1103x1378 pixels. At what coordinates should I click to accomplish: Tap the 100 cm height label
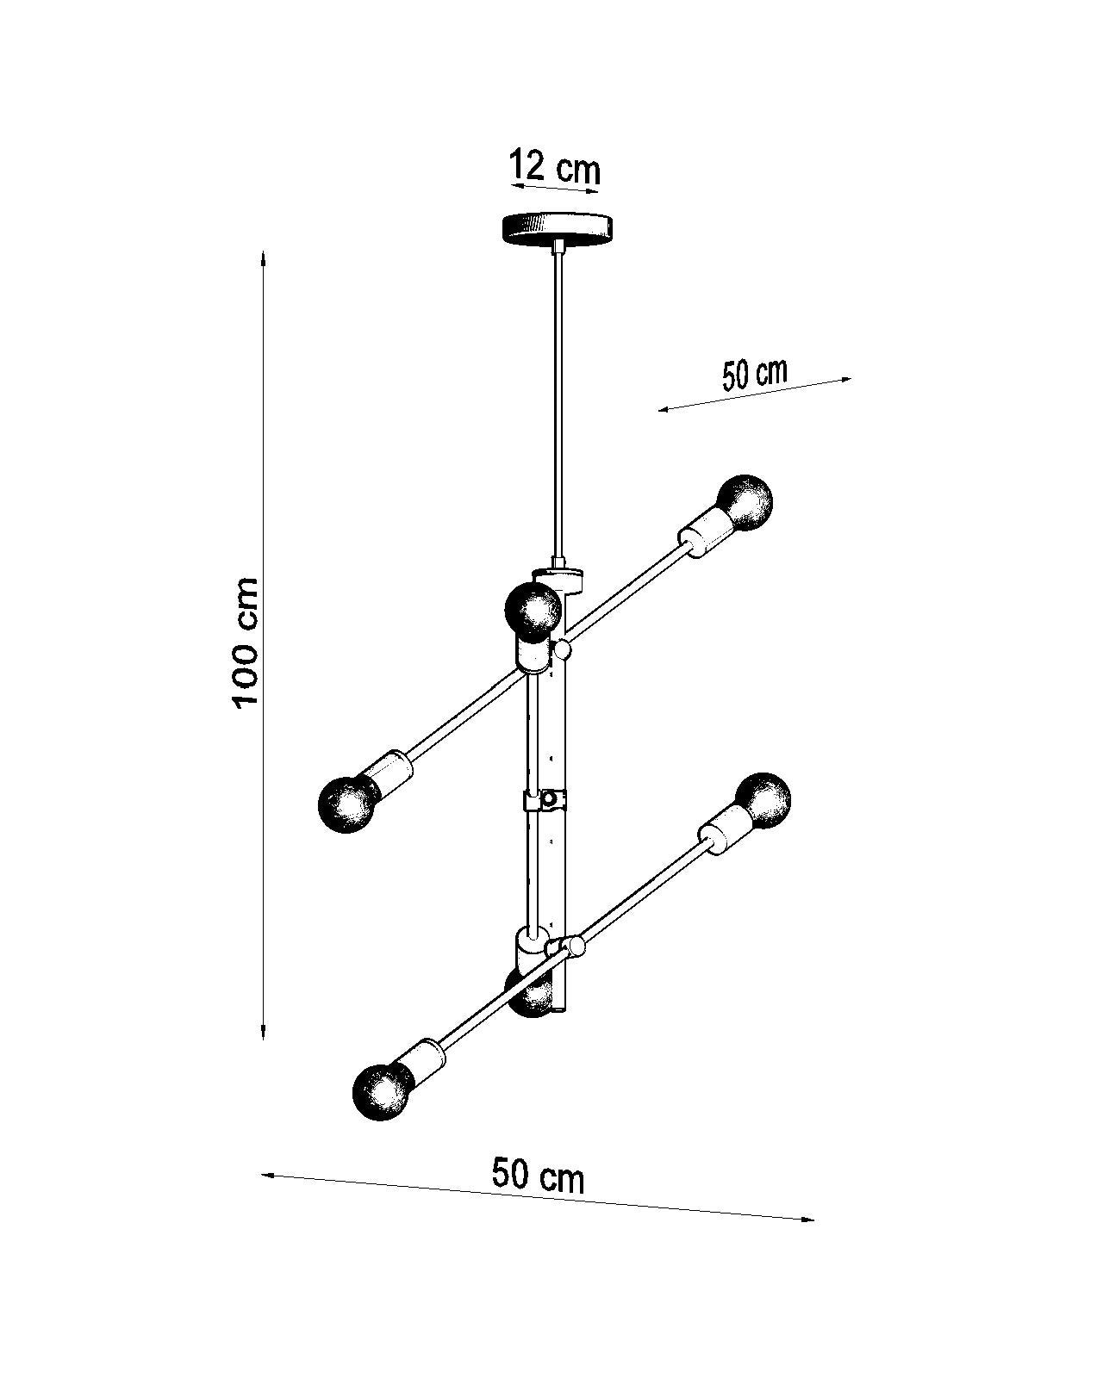click(246, 642)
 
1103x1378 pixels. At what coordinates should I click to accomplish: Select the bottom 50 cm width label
click(539, 1175)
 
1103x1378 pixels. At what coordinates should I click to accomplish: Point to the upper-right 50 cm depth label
click(755, 375)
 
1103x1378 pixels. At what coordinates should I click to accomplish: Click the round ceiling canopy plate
click(558, 228)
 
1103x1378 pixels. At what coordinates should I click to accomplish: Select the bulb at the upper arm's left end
click(349, 803)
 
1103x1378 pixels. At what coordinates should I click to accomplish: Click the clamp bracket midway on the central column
click(545, 801)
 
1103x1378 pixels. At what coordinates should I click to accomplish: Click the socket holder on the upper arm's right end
click(704, 534)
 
